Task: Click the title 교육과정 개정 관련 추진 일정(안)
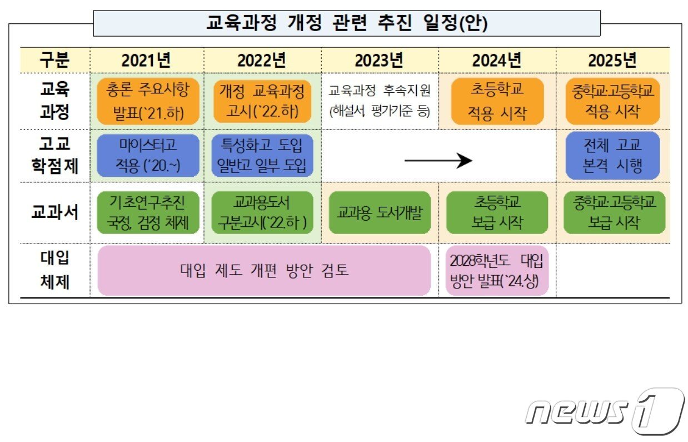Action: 347,23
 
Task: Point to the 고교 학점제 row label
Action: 55,155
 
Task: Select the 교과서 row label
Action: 55,212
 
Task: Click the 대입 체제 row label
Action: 55,270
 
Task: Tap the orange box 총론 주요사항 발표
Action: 147,101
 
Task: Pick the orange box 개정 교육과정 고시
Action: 262,101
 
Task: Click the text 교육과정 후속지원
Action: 380,91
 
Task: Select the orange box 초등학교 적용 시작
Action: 497,101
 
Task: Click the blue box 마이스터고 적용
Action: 147,155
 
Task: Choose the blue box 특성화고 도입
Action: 262,155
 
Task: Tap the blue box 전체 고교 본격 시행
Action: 612,155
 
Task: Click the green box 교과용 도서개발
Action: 380,212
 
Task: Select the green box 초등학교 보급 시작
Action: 497,212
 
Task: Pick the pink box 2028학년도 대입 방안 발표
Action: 497,270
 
